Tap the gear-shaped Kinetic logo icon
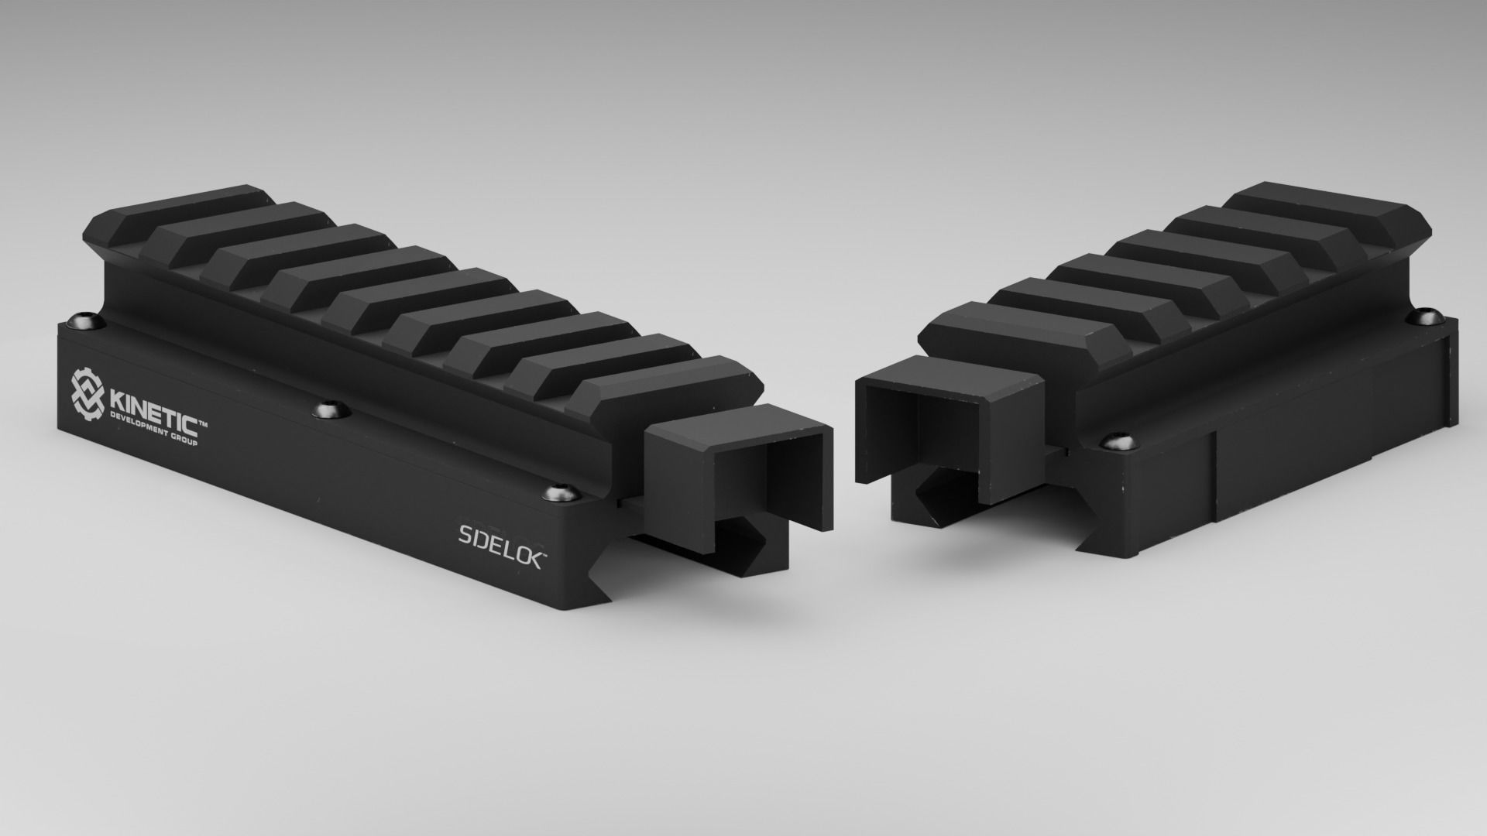click(88, 392)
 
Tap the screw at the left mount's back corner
click(79, 320)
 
